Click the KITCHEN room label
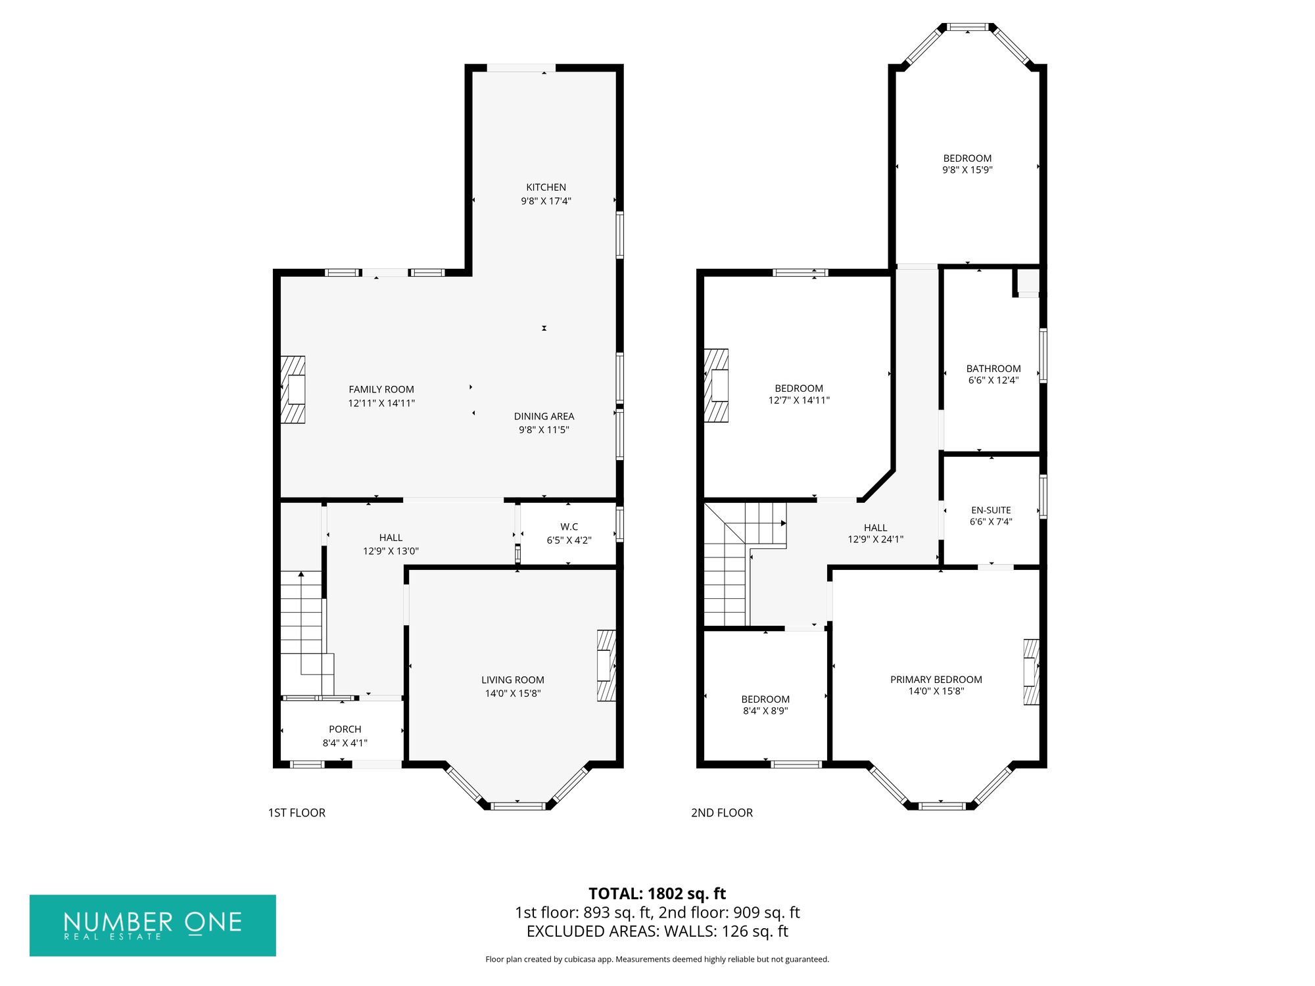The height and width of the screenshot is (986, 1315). pos(546,187)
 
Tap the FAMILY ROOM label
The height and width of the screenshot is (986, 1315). pos(381,389)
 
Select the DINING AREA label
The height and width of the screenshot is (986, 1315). pos(544,416)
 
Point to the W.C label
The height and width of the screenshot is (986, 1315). pos(569,527)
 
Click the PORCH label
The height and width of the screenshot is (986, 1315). pos(345,729)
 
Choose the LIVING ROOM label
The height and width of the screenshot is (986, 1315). pos(513,680)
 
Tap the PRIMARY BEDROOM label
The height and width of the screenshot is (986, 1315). pos(936,679)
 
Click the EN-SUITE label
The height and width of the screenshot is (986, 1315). pos(991,510)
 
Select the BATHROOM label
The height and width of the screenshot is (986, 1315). pos(993,369)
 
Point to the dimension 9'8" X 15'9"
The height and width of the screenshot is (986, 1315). pos(967,170)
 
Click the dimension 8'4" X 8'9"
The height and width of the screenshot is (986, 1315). pos(765,711)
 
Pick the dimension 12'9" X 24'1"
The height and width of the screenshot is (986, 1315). pos(875,540)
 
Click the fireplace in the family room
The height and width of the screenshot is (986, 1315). pos(293,389)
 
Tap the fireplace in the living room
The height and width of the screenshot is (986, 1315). pos(606,665)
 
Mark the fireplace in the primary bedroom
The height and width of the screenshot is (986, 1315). pos(1031,672)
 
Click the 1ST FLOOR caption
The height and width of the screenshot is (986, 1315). pos(297,813)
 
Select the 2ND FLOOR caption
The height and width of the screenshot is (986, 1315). pos(721,813)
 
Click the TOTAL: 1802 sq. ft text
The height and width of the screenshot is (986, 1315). pos(657,893)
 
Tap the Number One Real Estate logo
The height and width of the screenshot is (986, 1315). pos(153,925)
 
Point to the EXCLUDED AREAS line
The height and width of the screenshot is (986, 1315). pos(657,931)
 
